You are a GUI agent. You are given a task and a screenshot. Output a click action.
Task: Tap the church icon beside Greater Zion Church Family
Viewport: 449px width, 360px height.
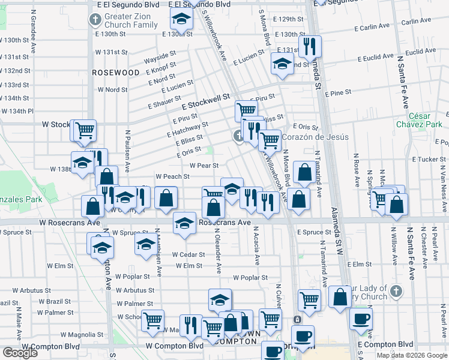(x=95, y=20)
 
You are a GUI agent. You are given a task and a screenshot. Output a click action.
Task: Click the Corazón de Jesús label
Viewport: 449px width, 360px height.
(x=315, y=137)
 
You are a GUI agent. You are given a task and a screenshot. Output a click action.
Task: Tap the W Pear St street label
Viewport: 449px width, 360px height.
(x=203, y=165)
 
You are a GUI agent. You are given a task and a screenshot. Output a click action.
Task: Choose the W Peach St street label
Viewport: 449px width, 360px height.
(x=172, y=176)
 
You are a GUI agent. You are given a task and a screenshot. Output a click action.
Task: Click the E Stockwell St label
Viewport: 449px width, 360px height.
(x=206, y=101)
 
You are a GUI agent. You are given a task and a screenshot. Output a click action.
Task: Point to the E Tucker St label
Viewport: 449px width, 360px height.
(x=429, y=159)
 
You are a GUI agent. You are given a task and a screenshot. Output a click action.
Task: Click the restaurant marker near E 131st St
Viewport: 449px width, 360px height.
(x=310, y=46)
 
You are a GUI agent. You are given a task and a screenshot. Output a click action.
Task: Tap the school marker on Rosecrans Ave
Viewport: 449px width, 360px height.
(x=184, y=223)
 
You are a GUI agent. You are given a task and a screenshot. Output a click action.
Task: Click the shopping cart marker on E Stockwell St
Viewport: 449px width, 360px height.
(x=246, y=110)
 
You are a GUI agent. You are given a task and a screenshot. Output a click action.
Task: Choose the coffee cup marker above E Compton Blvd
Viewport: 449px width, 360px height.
(x=361, y=319)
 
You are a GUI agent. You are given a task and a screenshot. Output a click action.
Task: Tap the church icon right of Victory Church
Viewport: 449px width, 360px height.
(x=395, y=292)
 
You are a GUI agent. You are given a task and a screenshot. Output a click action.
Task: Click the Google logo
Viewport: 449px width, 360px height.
(x=20, y=353)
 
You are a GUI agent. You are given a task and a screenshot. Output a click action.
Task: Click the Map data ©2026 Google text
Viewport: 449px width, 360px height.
(x=412, y=355)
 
